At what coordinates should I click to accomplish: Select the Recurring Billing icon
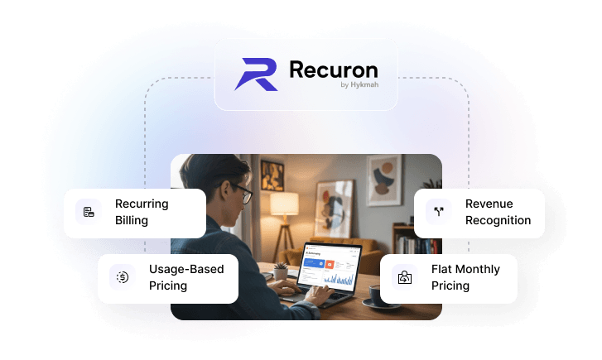(88, 213)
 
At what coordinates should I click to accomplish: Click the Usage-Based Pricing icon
(122, 277)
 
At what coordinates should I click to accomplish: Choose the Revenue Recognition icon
(438, 212)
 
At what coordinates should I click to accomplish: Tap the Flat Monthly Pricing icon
(404, 277)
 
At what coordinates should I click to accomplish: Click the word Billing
(132, 221)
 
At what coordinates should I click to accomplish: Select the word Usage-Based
(186, 269)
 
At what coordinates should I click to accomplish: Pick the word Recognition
(498, 220)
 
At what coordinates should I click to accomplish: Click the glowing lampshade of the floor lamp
(284, 203)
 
